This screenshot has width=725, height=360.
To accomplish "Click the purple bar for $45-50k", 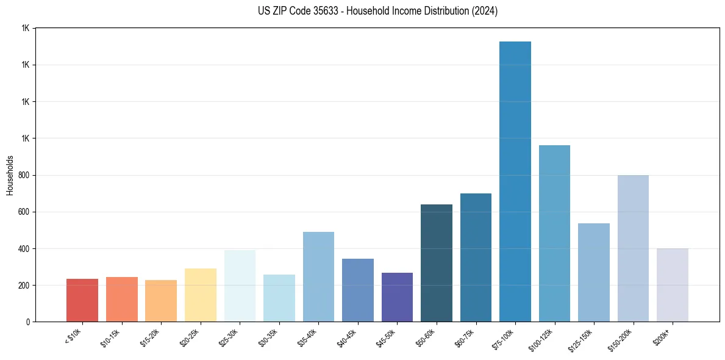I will point(397,297).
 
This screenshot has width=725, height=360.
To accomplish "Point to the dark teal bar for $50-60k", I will point(437,263).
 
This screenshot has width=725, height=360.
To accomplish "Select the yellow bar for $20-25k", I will point(201,295).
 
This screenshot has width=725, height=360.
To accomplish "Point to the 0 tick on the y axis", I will point(27,322).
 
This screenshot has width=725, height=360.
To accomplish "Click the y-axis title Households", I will point(10,175).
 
